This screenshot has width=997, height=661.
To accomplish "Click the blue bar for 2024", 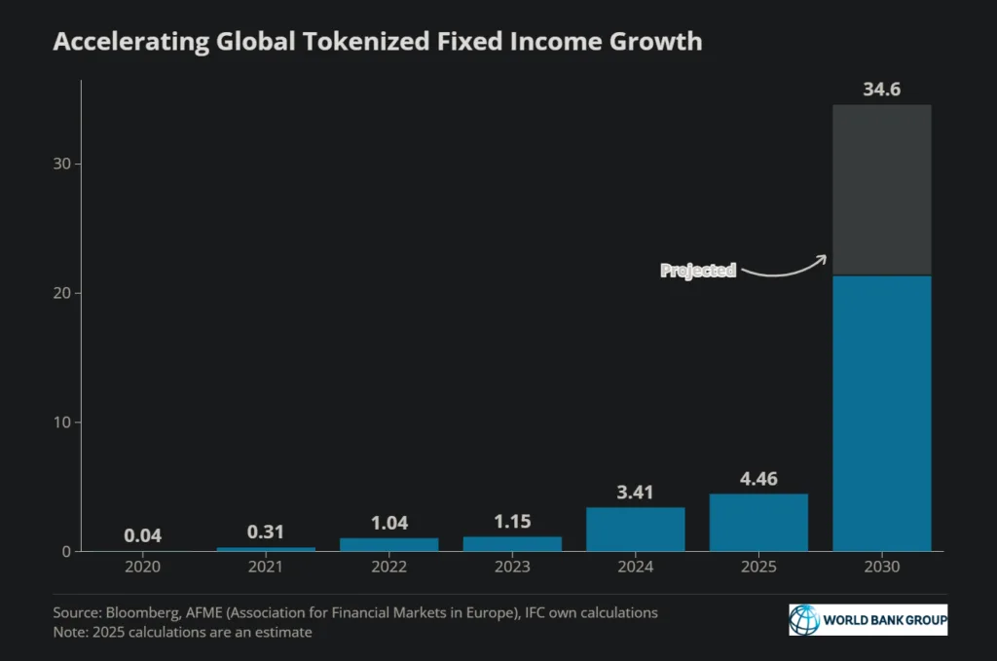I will pyautogui.click(x=635, y=530).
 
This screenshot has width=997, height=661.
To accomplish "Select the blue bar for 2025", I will pyautogui.click(x=758, y=523).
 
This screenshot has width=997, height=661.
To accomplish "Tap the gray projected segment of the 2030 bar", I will pyautogui.click(x=882, y=190).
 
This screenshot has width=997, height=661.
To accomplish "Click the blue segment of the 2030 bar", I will pyautogui.click(x=882, y=414).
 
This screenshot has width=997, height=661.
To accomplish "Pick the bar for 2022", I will pyautogui.click(x=388, y=544).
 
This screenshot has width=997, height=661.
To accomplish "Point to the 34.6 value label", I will pyautogui.click(x=882, y=91).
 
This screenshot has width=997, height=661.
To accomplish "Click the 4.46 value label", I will pyautogui.click(x=758, y=479).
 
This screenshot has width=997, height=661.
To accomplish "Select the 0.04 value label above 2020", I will pyautogui.click(x=143, y=535).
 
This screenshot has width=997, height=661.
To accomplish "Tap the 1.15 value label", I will pyautogui.click(x=512, y=522).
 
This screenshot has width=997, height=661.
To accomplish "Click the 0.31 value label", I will pyautogui.click(x=266, y=532).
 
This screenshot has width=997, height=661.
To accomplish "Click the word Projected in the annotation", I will pyautogui.click(x=698, y=271).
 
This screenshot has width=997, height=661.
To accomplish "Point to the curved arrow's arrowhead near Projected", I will pyautogui.click(x=823, y=257).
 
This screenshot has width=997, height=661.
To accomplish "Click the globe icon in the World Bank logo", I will pyautogui.click(x=805, y=619).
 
